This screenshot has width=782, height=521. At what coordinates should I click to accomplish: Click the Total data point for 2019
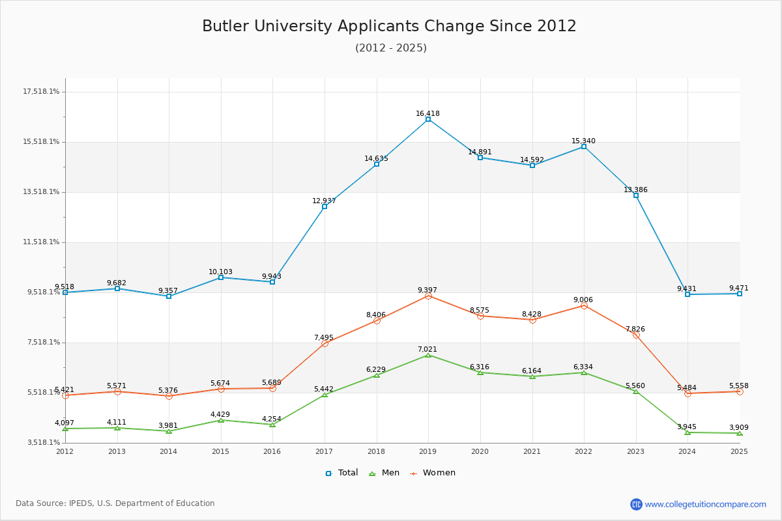tap(428, 119)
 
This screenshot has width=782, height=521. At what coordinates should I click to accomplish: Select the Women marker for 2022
tap(584, 305)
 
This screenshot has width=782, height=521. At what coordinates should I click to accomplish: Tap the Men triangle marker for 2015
tap(221, 420)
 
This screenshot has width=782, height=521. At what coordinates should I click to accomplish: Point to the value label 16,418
tap(427, 113)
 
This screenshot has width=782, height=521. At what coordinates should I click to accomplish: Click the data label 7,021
tap(427, 349)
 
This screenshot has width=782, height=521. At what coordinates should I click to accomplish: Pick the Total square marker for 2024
tap(688, 294)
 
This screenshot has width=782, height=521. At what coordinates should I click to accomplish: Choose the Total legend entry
tap(342, 473)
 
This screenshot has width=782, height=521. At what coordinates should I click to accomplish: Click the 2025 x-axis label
tap(739, 451)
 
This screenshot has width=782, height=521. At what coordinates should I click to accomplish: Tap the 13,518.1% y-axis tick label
tap(41, 192)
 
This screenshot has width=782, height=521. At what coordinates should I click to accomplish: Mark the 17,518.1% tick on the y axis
tap(41, 92)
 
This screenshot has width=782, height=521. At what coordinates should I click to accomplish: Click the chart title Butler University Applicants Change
tap(389, 26)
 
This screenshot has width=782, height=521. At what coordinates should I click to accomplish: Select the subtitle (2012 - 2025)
tap(391, 48)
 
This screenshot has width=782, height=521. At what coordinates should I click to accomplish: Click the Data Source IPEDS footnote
tap(115, 503)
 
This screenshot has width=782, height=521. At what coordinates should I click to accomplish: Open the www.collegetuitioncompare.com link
tap(705, 504)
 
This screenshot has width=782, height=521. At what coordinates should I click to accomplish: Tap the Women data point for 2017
tap(325, 343)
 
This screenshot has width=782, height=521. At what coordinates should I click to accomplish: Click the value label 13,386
tap(635, 190)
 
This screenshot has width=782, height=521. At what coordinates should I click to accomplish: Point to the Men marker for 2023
tap(636, 391)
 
